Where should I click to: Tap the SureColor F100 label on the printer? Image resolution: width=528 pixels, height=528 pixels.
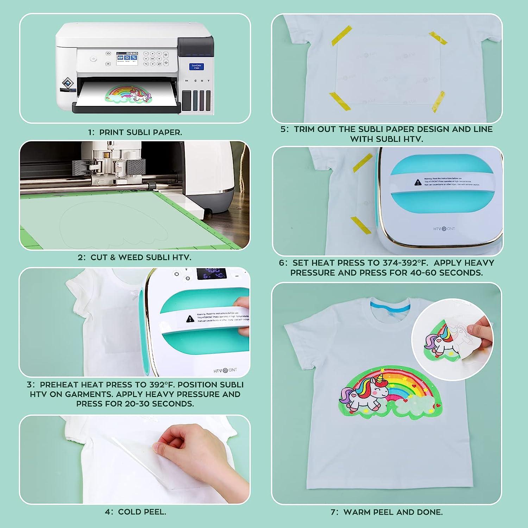pyautogui.click(x=196, y=67)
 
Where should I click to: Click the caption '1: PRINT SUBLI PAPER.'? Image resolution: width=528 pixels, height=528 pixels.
pyautogui.click(x=135, y=132)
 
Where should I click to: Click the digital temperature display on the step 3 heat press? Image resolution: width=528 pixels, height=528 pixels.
pyautogui.click(x=211, y=273)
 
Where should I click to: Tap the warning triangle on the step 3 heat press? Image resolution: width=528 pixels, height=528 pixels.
pyautogui.click(x=190, y=319)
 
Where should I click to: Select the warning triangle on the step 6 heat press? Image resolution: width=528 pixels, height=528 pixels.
pyautogui.click(x=417, y=182)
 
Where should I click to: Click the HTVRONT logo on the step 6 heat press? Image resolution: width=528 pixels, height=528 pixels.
pyautogui.click(x=444, y=229)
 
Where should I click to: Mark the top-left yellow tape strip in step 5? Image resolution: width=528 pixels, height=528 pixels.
pyautogui.click(x=341, y=35)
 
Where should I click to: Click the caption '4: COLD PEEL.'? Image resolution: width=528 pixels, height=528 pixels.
pyautogui.click(x=135, y=512)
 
